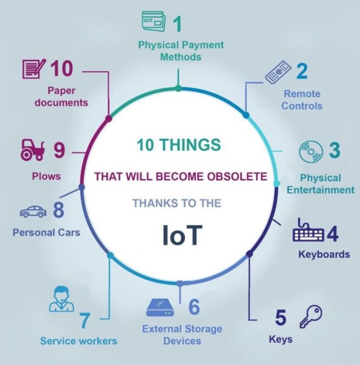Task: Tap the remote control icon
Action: [278, 72]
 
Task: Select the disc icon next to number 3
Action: [311, 152]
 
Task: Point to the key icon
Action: [311, 317]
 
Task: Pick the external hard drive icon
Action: [160, 307]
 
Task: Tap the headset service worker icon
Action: [61, 299]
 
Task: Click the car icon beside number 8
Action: [33, 212]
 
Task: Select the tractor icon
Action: [32, 150]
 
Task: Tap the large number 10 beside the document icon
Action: [61, 68]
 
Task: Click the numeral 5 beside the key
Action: [280, 317]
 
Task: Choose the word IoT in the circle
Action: [182, 235]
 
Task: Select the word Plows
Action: [46, 176]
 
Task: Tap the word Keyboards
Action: [324, 254]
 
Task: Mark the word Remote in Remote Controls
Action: [302, 94]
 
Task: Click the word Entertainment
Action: [321, 190]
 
